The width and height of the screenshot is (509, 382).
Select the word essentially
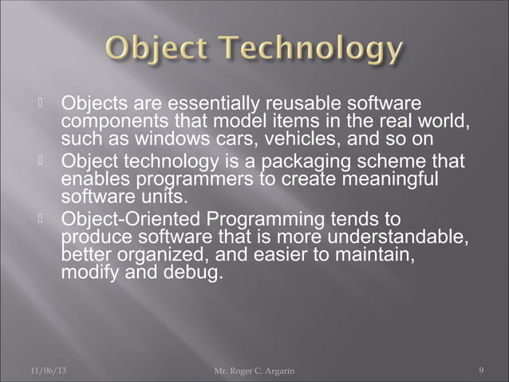coord(211,104)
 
